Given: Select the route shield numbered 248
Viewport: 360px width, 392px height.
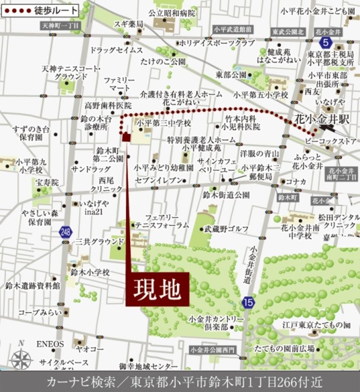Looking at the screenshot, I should [65, 232].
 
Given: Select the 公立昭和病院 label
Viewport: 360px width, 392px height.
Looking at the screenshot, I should [172, 14].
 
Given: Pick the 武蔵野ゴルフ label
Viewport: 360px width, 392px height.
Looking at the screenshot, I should [227, 229].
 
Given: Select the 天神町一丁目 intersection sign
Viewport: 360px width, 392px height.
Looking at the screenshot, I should [61, 26].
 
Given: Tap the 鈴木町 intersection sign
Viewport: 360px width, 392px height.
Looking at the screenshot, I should [288, 197].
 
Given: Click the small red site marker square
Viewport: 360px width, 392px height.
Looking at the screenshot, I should [126, 138].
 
